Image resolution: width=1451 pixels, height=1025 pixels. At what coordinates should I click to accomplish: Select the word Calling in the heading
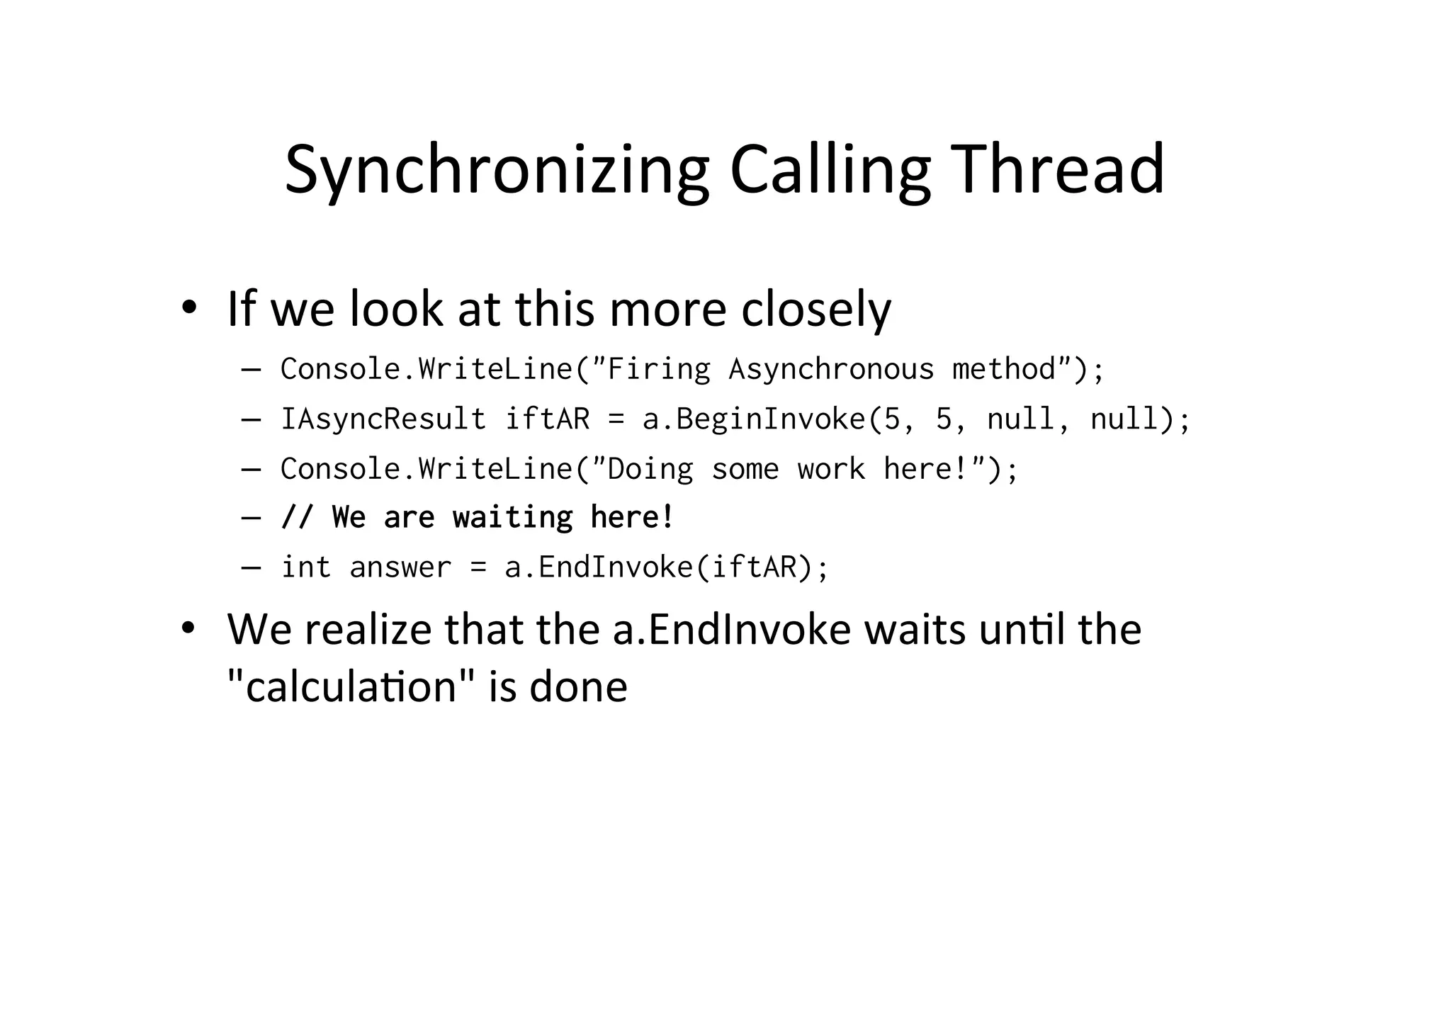coord(830,170)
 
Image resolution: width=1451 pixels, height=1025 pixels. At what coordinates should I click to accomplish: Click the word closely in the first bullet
coord(815,310)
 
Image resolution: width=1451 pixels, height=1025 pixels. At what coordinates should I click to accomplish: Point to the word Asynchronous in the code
coord(831,369)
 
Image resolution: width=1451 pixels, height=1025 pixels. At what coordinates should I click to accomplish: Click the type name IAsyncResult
coord(383,419)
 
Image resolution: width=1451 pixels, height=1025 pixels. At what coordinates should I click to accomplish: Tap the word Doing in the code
coord(650,469)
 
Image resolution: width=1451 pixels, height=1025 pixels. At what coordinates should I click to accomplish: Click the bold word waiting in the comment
coord(512,517)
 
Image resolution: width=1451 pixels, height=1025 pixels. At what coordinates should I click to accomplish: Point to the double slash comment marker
coord(297,517)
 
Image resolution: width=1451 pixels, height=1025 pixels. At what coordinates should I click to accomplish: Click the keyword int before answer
coord(306,567)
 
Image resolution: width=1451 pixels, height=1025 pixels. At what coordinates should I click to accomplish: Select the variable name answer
coord(400,567)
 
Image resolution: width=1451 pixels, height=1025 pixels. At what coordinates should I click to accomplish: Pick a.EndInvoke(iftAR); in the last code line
coord(666,567)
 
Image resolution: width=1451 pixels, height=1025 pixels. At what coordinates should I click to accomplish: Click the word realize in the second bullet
coord(368,629)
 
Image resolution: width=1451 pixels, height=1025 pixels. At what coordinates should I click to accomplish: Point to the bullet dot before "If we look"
coord(188,308)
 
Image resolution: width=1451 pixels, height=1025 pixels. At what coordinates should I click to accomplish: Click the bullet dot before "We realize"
coord(188,628)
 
